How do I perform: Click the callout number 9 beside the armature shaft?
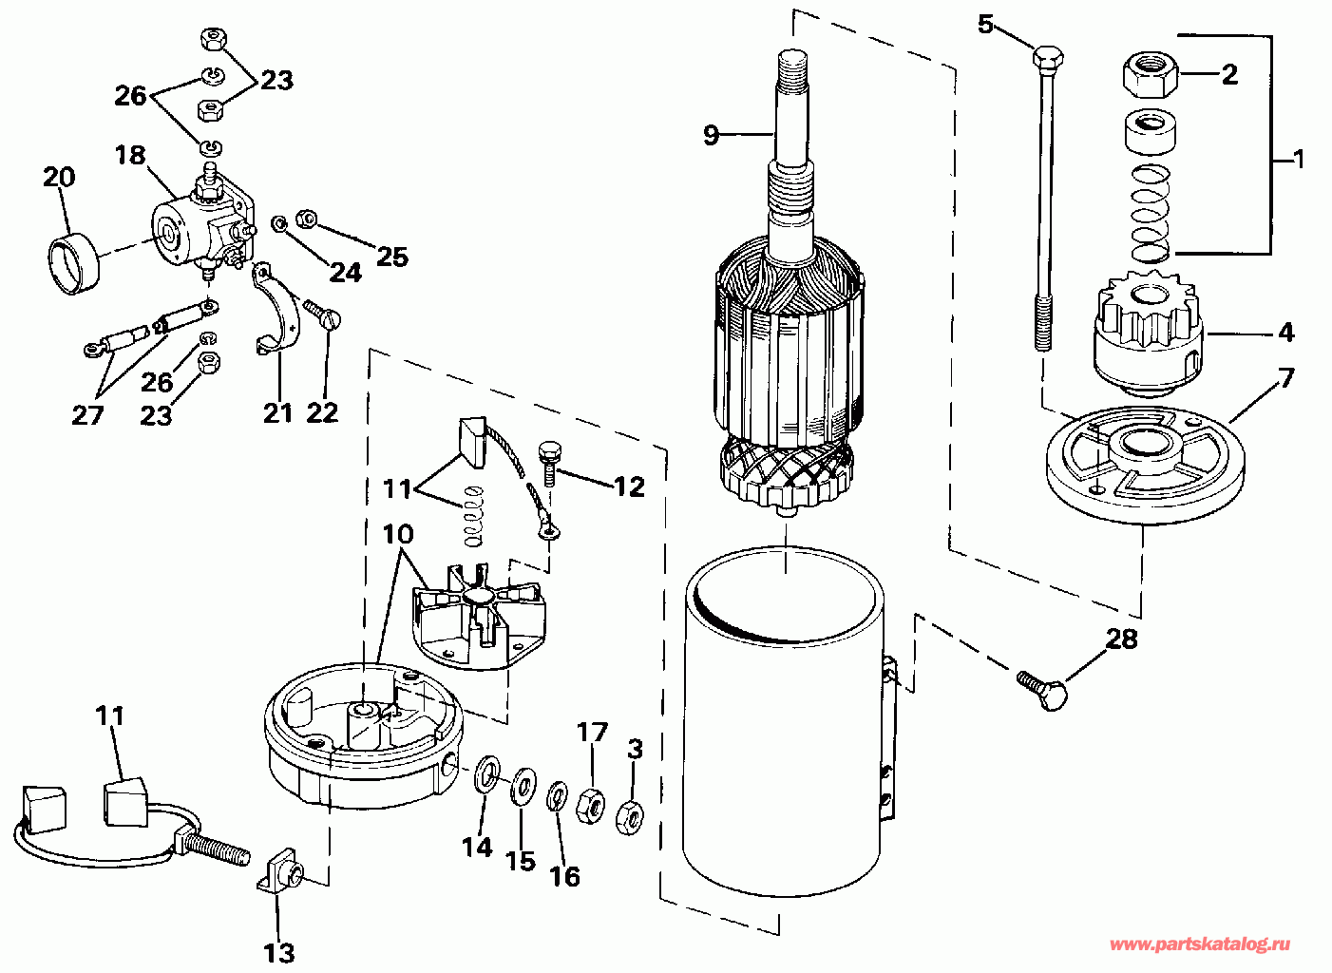pyautogui.click(x=712, y=136)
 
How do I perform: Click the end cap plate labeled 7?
pyautogui.click(x=1144, y=464)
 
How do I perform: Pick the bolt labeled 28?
pyautogui.click(x=1042, y=691)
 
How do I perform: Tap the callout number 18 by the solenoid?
pyautogui.click(x=129, y=155)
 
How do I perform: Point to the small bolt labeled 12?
pyautogui.click(x=548, y=464)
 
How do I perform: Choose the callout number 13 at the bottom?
pyautogui.click(x=278, y=953)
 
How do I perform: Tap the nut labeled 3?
pyautogui.click(x=630, y=818)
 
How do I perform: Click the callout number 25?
pyautogui.click(x=392, y=257)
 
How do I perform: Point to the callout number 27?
pyautogui.click(x=88, y=415)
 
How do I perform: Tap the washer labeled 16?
pyautogui.click(x=557, y=797)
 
